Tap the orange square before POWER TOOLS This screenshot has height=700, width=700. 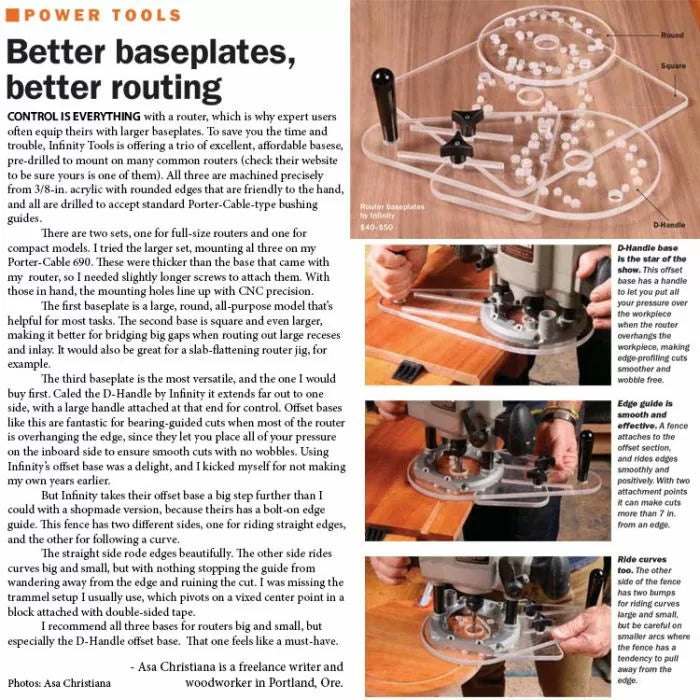point(13,15)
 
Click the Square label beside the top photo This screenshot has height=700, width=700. point(670,66)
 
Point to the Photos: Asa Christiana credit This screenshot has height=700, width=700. point(59,683)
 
